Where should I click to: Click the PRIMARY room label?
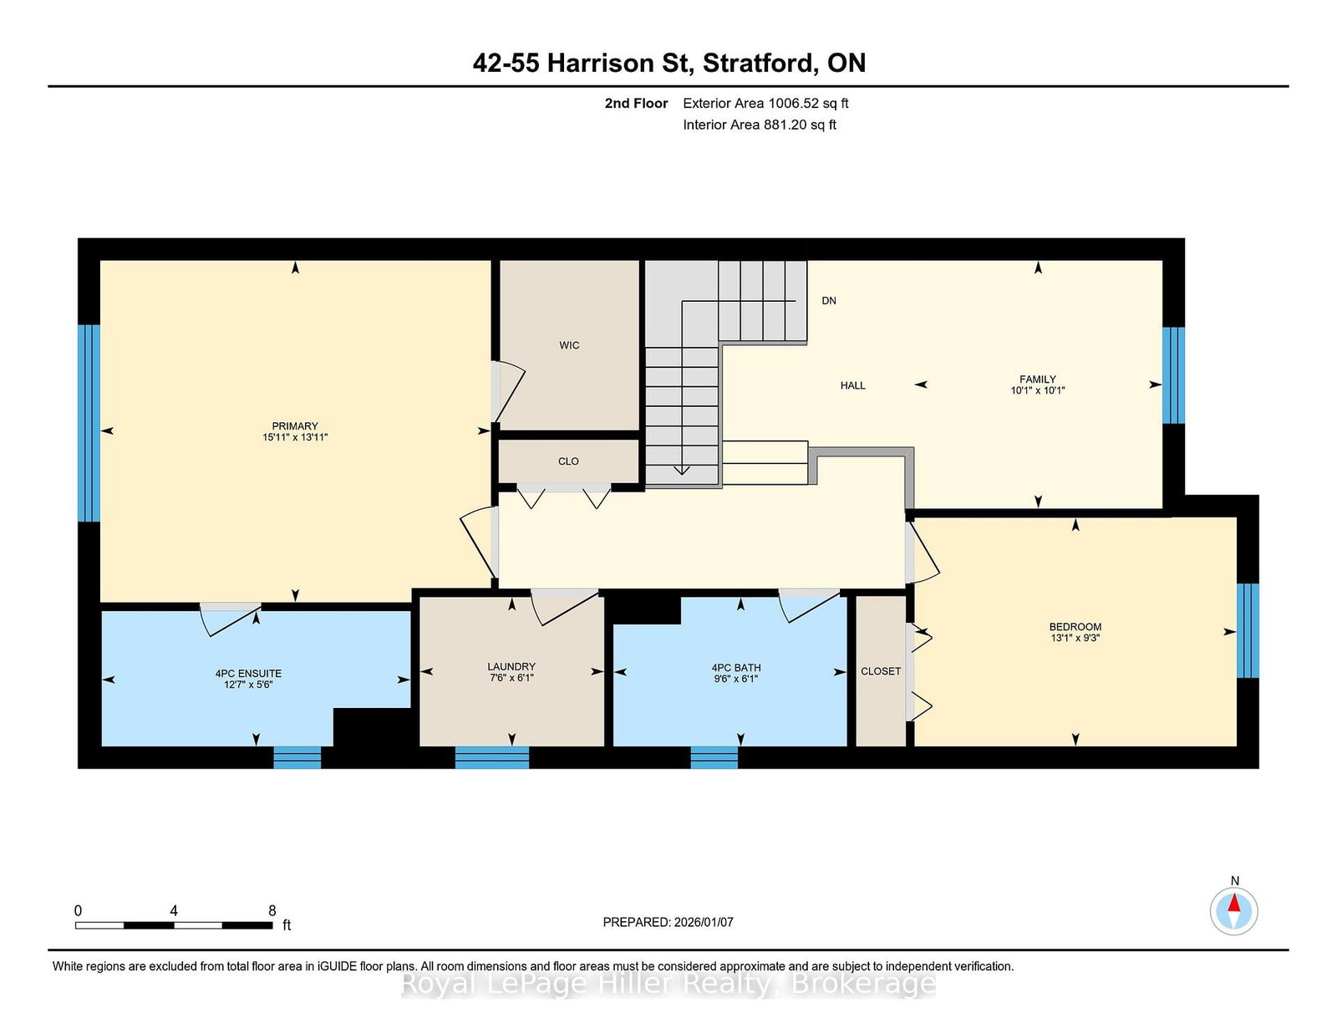[295, 426]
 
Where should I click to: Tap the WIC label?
[569, 345]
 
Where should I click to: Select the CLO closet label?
[568, 461]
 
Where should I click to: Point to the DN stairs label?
[829, 300]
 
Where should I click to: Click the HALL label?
[853, 385]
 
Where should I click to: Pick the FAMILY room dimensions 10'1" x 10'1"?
[1037, 390]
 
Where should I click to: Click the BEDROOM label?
[1075, 627]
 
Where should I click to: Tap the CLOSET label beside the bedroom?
[881, 671]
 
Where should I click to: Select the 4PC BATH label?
[736, 668]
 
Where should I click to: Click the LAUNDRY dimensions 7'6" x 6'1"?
[511, 678]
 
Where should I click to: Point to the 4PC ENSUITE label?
[248, 674]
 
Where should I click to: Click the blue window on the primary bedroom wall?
[89, 424]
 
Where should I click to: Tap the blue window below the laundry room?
[491, 757]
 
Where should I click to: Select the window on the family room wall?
[1172, 375]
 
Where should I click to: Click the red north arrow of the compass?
[1233, 902]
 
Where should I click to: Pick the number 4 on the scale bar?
[174, 911]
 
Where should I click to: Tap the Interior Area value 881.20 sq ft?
[800, 125]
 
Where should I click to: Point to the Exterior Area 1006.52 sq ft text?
[765, 104]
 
